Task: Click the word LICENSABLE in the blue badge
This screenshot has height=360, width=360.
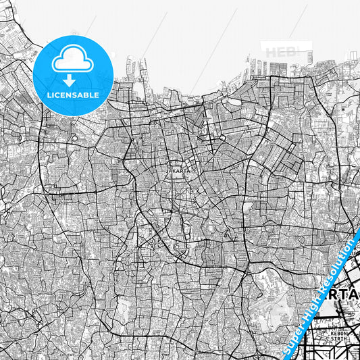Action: (73, 95)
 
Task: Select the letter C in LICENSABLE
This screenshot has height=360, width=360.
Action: (56, 95)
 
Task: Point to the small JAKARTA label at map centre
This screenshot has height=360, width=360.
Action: (178, 172)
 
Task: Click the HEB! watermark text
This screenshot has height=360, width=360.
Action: (280, 52)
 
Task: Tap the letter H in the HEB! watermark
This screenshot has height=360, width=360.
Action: (270, 52)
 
